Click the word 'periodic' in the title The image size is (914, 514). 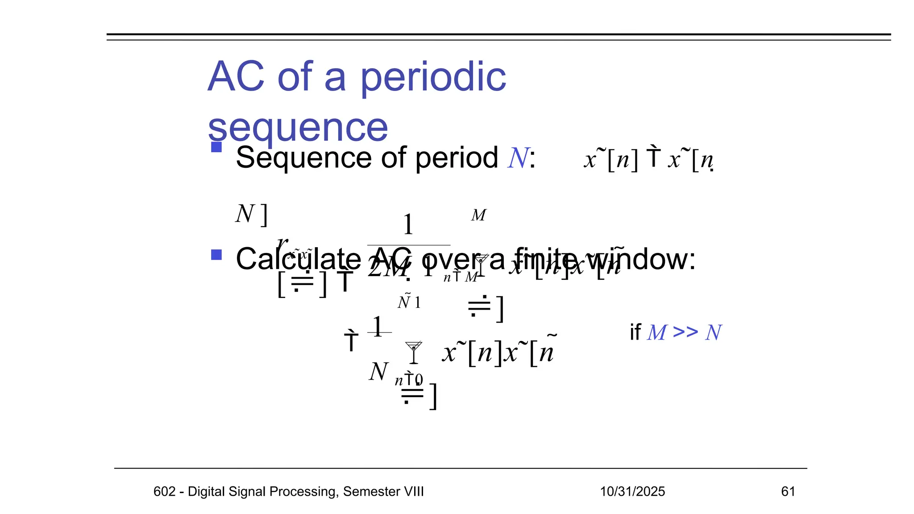coord(432,77)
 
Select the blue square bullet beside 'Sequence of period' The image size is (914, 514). coord(216,147)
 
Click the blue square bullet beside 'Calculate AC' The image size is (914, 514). coord(216,255)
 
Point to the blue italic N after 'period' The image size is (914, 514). coord(518,158)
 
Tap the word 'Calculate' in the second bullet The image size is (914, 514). coord(298,259)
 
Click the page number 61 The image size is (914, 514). coord(788,491)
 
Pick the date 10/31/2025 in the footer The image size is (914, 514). coord(632,491)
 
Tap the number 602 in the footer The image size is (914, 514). coord(164,491)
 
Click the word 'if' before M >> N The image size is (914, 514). coord(635,332)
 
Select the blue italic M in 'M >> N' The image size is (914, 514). coord(656,332)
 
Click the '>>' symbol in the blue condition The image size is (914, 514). coord(685,332)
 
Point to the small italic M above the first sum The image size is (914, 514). coord(478,216)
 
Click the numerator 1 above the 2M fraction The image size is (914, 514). coord(408,224)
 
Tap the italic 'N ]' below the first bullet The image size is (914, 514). coord(251,214)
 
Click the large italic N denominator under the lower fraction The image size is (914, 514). coord(378,371)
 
